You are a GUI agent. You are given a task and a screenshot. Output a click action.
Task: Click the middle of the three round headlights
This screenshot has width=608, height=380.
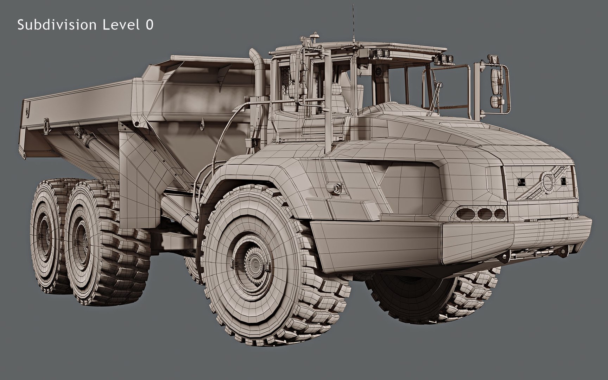(x=484, y=213)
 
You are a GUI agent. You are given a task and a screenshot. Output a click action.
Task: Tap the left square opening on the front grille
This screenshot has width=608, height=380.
(x=521, y=182)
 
